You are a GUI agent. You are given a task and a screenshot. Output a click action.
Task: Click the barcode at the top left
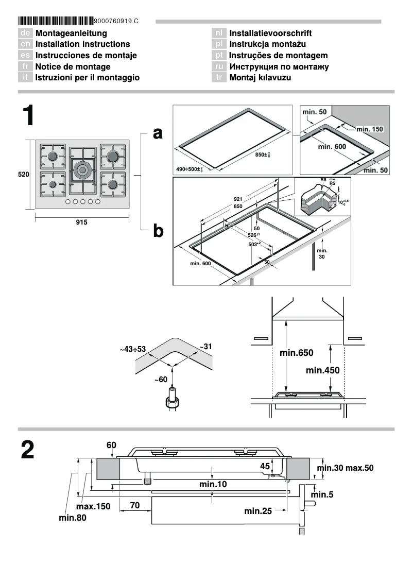[55, 21]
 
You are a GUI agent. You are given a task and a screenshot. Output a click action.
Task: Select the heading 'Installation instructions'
[82, 44]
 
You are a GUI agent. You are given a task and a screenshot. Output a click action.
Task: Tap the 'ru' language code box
[219, 66]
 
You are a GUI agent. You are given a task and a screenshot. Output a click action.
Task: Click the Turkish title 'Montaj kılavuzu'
[260, 78]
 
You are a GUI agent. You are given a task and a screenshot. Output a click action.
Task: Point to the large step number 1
[28, 116]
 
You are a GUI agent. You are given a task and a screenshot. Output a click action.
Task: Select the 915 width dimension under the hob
[81, 222]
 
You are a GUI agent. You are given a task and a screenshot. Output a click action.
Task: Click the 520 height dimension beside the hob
[24, 175]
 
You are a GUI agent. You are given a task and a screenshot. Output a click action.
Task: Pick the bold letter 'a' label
[158, 133]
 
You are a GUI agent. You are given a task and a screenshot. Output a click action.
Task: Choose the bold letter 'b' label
[158, 231]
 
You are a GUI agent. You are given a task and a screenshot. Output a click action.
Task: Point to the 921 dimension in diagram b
[238, 199]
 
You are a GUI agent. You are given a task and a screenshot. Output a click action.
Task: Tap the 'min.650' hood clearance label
[296, 353]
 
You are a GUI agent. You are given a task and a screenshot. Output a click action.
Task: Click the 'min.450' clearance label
[322, 370]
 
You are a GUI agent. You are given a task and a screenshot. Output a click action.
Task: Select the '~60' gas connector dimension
[161, 380]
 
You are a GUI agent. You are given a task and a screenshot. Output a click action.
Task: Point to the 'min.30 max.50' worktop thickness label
[345, 468]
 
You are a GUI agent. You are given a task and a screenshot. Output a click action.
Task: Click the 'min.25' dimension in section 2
[258, 511]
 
